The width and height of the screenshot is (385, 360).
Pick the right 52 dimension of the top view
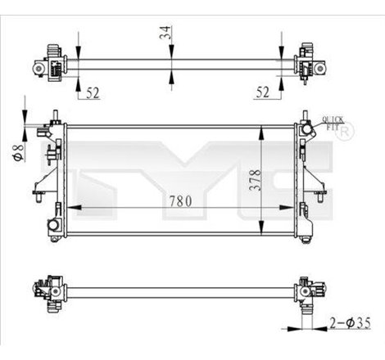(262, 92)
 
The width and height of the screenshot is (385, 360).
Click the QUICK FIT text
(333, 122)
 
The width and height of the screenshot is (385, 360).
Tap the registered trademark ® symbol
(347, 131)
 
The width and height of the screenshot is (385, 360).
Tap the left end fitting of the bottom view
(47, 290)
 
